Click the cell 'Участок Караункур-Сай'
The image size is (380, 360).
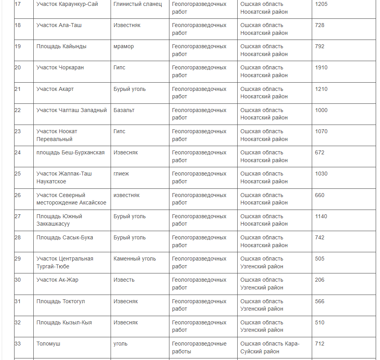(x=67, y=4)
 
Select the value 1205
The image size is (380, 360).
(x=321, y=4)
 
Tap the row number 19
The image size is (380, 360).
(x=18, y=47)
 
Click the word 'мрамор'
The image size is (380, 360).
(x=124, y=47)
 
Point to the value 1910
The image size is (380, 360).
(x=321, y=68)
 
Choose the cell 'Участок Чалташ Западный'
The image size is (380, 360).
(x=71, y=110)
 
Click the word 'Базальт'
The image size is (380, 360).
(x=124, y=110)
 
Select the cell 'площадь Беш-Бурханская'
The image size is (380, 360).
(x=71, y=153)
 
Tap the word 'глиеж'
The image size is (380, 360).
(x=121, y=174)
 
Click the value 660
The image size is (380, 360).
(x=320, y=195)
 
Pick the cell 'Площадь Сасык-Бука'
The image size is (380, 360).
(x=65, y=238)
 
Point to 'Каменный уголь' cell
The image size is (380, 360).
(x=135, y=259)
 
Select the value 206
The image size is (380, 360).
(x=320, y=280)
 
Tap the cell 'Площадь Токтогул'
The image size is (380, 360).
(x=61, y=302)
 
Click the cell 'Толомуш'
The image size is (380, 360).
(x=48, y=344)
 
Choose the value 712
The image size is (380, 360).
(x=320, y=344)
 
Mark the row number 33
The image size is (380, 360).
(x=18, y=344)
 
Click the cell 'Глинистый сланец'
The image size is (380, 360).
(x=138, y=4)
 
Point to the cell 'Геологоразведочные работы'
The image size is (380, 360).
(x=199, y=347)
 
